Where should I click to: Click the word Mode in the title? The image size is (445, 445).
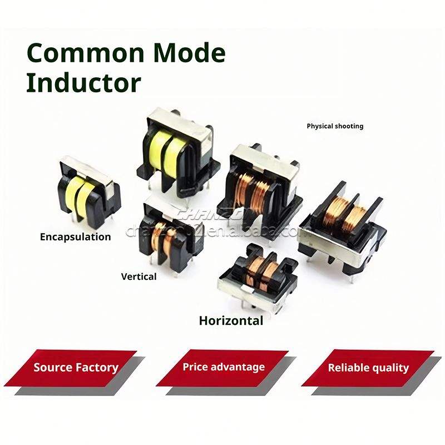[x=190, y=53]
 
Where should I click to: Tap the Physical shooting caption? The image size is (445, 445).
[x=335, y=126]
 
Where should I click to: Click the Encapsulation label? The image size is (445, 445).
[x=76, y=237]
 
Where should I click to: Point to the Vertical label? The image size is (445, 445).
[x=139, y=276]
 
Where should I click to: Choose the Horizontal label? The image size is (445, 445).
[x=231, y=321]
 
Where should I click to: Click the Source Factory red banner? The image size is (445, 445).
[x=76, y=368]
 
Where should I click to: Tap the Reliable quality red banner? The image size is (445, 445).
[x=368, y=368]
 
